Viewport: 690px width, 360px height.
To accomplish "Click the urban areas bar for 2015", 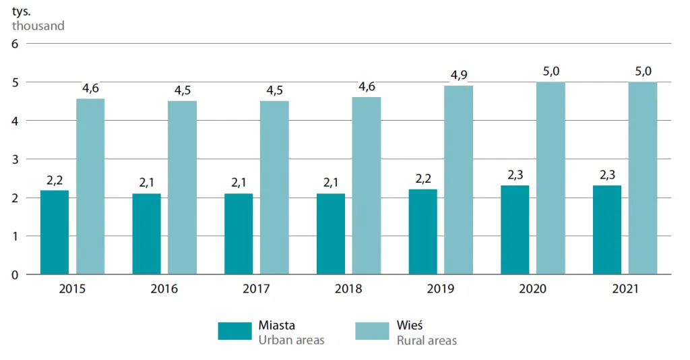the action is tap(55, 233).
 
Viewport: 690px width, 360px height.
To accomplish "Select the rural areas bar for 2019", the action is tap(458, 180).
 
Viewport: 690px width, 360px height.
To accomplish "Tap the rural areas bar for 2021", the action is tap(643, 178).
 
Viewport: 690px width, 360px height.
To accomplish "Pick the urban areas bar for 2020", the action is tap(515, 230).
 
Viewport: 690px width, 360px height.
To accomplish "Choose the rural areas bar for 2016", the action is tap(182, 188).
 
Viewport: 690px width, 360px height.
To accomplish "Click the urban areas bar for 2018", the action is tap(331, 234).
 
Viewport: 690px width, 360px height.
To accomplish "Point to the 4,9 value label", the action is tap(458, 75).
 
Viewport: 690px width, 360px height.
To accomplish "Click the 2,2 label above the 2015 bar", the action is tap(55, 180).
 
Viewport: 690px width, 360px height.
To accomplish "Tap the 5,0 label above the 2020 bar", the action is tap(551, 71).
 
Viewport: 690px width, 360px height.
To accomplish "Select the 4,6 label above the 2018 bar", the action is tap(367, 86).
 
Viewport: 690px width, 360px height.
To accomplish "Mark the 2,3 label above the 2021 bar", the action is tap(607, 175).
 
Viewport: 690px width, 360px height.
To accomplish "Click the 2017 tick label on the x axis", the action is tap(256, 289).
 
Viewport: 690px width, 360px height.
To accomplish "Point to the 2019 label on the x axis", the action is tap(441, 289).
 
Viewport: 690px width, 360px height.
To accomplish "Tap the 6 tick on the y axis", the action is tap(15, 44).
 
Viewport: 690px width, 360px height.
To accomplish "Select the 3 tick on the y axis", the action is tap(15, 159).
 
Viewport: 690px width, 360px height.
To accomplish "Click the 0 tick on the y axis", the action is tap(15, 275).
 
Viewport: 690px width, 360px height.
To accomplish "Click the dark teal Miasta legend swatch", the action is tap(234, 331).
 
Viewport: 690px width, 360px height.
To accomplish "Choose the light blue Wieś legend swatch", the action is tap(372, 331).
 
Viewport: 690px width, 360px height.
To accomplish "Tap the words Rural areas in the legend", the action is tap(427, 340).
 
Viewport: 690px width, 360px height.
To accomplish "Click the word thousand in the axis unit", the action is tap(38, 26).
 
